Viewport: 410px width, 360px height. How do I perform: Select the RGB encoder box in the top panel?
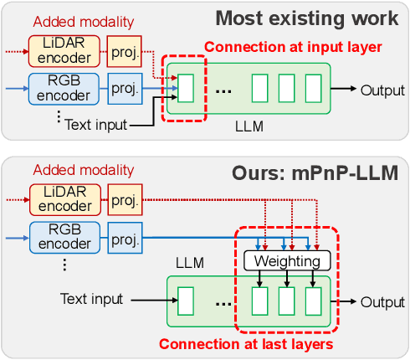pos(65,87)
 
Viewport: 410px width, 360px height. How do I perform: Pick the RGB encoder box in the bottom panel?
pos(65,237)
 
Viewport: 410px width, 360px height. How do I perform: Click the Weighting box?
pos(287,261)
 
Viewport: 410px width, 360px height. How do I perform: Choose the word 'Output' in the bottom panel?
pos(382,301)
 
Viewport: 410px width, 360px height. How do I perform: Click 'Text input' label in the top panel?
pos(97,126)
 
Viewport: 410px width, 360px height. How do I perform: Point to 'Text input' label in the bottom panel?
pos(92,299)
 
